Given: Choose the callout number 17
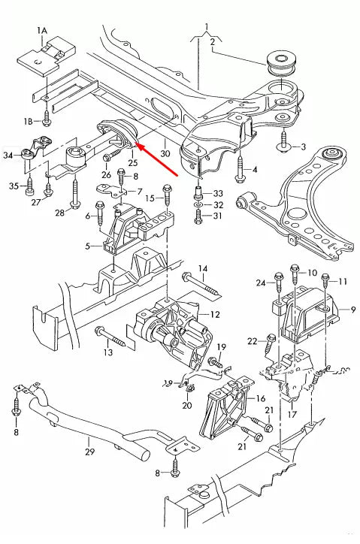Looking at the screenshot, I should (x=292, y=413).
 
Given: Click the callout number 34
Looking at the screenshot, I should (x=8, y=156).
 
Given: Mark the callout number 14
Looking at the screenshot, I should (x=203, y=268).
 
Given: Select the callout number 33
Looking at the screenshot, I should (x=219, y=193).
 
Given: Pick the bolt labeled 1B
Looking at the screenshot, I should (x=47, y=116).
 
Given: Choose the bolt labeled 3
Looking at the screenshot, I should (x=284, y=141).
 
